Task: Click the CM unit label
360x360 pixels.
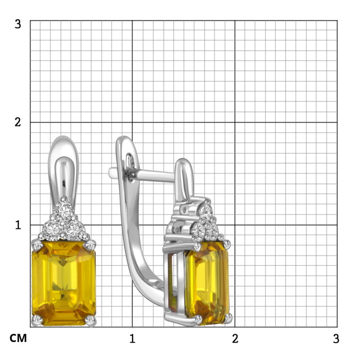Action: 18,338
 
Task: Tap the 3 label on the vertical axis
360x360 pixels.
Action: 17,24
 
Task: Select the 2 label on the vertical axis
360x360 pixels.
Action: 17,122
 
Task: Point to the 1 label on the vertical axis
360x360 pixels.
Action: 18,225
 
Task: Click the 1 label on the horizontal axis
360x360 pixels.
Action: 132,338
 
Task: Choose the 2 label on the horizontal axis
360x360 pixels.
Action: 235,338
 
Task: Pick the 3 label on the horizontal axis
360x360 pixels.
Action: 336,338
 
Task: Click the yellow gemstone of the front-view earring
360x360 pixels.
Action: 64,283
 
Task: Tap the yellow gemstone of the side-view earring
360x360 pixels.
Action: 207,283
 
